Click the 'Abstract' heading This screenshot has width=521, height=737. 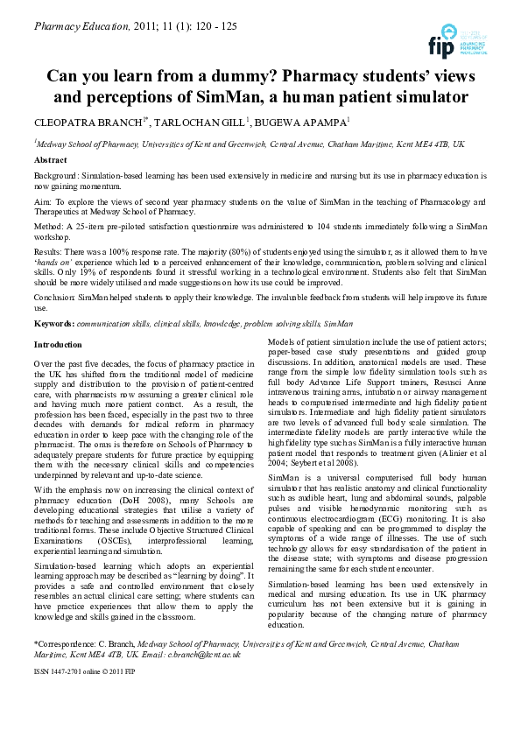point(51,160)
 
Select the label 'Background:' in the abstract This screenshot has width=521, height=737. point(57,176)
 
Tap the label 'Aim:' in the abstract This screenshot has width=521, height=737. point(43,200)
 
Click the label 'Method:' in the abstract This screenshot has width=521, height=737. point(49,225)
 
